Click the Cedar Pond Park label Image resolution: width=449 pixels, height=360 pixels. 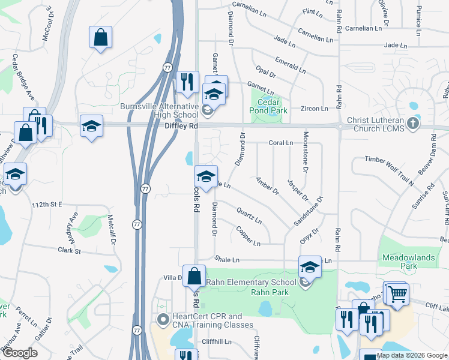click(x=268, y=106)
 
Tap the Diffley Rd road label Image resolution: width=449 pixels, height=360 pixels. click(x=181, y=127)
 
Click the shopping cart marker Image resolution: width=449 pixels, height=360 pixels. click(x=396, y=294)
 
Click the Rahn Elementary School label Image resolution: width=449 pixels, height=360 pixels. click(x=251, y=283)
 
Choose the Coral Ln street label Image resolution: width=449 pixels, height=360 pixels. click(x=280, y=143)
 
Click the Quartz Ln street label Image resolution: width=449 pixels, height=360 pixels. click(x=249, y=215)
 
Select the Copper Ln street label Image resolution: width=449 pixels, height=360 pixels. click(x=248, y=236)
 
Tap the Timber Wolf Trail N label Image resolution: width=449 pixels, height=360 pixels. click(x=390, y=171)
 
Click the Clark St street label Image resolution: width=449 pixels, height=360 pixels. click(x=69, y=250)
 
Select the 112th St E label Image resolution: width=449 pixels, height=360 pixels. click(x=47, y=205)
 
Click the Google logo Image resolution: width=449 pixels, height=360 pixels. click(x=20, y=353)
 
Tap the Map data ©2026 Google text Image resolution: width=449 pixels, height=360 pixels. click(x=412, y=355)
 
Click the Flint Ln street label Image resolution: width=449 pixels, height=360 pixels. click(x=312, y=11)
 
